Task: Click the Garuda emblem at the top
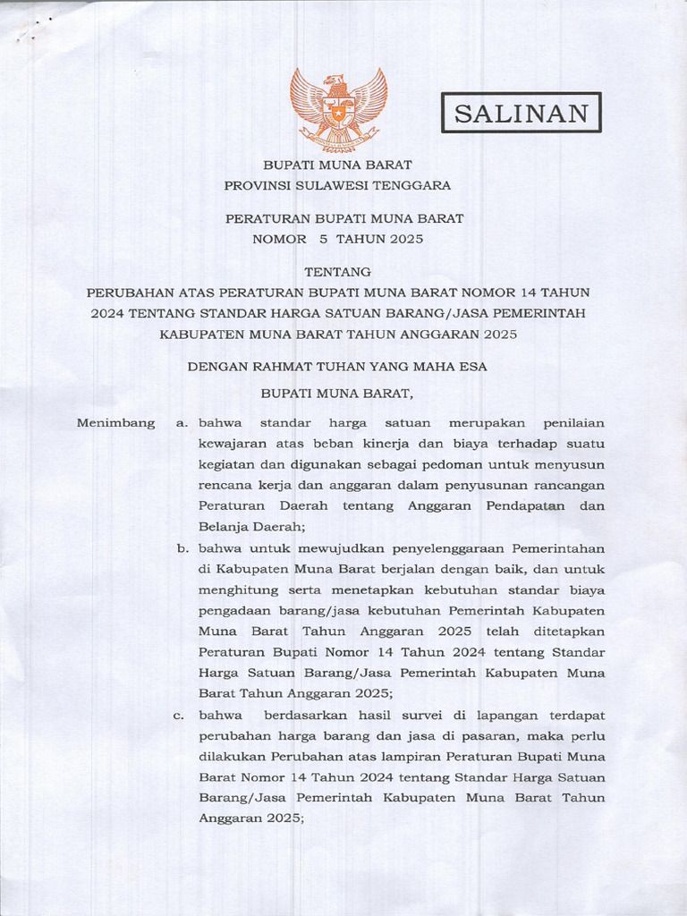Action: coord(338,110)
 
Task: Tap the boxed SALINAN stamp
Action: coord(522,112)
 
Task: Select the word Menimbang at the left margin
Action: coord(115,421)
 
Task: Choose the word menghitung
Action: coord(237,589)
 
